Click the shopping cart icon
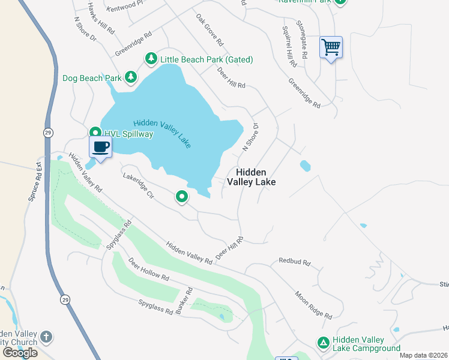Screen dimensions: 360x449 [331, 47]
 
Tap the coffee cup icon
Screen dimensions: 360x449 [101, 147]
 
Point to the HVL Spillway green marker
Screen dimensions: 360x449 [95, 133]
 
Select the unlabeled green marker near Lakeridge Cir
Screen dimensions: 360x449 [182, 196]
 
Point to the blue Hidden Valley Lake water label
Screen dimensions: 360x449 [162, 133]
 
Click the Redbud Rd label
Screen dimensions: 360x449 [294, 262]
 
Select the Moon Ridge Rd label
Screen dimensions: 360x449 [313, 305]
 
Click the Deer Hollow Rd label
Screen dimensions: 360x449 [148, 271]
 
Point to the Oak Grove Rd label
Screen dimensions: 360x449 [209, 31]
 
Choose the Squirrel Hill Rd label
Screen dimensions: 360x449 [289, 46]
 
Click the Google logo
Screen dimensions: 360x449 [20, 352]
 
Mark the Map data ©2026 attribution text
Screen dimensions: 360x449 [423, 355]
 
